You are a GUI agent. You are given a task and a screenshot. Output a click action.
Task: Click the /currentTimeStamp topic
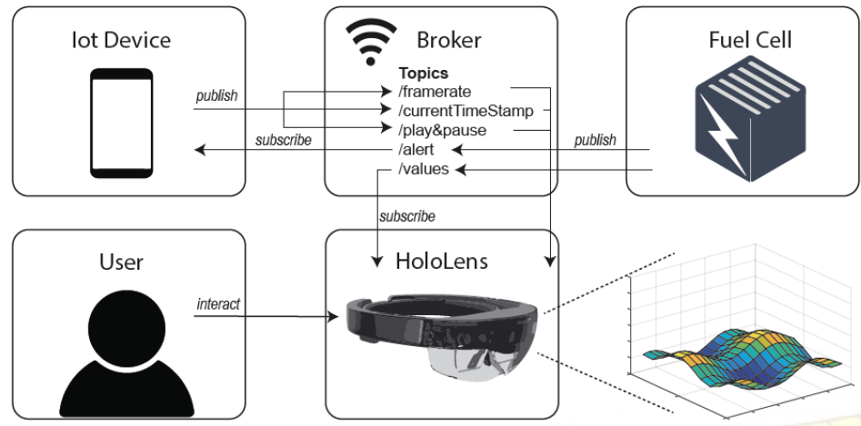tap(465, 111)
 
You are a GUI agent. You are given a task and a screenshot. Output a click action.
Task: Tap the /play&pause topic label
tap(442, 130)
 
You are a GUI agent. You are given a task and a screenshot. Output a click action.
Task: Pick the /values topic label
tap(424, 168)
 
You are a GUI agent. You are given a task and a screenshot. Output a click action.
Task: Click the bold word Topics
tap(424, 73)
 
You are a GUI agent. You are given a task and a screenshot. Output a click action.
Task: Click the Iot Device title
tap(121, 39)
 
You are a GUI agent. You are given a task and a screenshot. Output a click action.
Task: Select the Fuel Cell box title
tap(750, 39)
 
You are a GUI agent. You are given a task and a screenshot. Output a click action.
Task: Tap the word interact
tap(218, 303)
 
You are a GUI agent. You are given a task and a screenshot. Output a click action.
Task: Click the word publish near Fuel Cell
tap(595, 140)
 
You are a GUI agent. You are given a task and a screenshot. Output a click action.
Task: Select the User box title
tap(121, 263)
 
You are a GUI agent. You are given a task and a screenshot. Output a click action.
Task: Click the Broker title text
tap(448, 39)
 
